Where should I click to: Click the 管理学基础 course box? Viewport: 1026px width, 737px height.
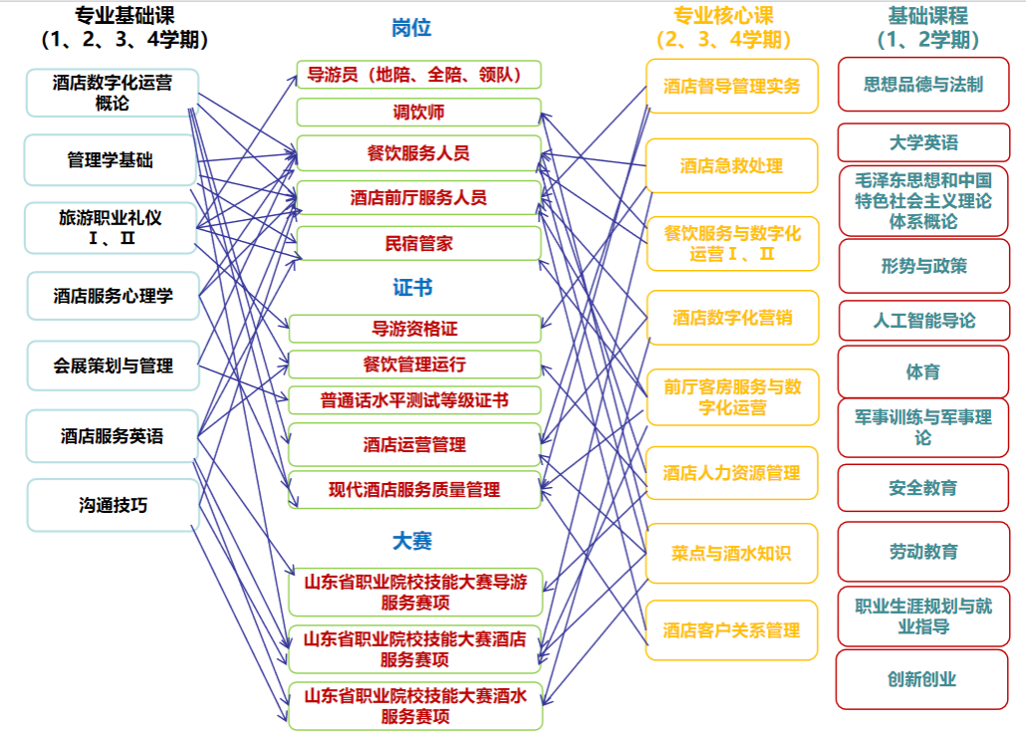111,160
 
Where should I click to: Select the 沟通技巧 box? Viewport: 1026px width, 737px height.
113,505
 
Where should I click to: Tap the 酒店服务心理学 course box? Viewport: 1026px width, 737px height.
113,296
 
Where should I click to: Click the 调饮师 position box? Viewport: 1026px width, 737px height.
418,112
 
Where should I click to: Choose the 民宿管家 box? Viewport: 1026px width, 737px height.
418,243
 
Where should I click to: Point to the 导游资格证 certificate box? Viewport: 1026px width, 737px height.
414,329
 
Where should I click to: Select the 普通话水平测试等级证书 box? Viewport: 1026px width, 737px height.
414,400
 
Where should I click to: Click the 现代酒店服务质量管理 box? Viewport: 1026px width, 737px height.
414,489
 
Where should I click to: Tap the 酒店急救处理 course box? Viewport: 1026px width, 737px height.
731,165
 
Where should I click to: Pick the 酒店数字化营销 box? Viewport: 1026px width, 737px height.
732,318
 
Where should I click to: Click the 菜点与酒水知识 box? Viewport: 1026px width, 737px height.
731,553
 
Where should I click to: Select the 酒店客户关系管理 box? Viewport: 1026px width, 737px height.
731,630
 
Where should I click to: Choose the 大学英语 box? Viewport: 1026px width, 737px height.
924,142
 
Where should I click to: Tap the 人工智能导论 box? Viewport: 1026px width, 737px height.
924,321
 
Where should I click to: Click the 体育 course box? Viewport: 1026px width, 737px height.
923,371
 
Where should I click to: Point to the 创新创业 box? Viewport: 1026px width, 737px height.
922,679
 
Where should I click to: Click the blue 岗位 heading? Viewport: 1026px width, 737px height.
411,28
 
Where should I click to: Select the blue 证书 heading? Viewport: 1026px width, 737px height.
412,287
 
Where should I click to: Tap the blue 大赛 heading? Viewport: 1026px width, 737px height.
412,541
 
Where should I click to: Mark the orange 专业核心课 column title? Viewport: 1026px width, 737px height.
724,15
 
